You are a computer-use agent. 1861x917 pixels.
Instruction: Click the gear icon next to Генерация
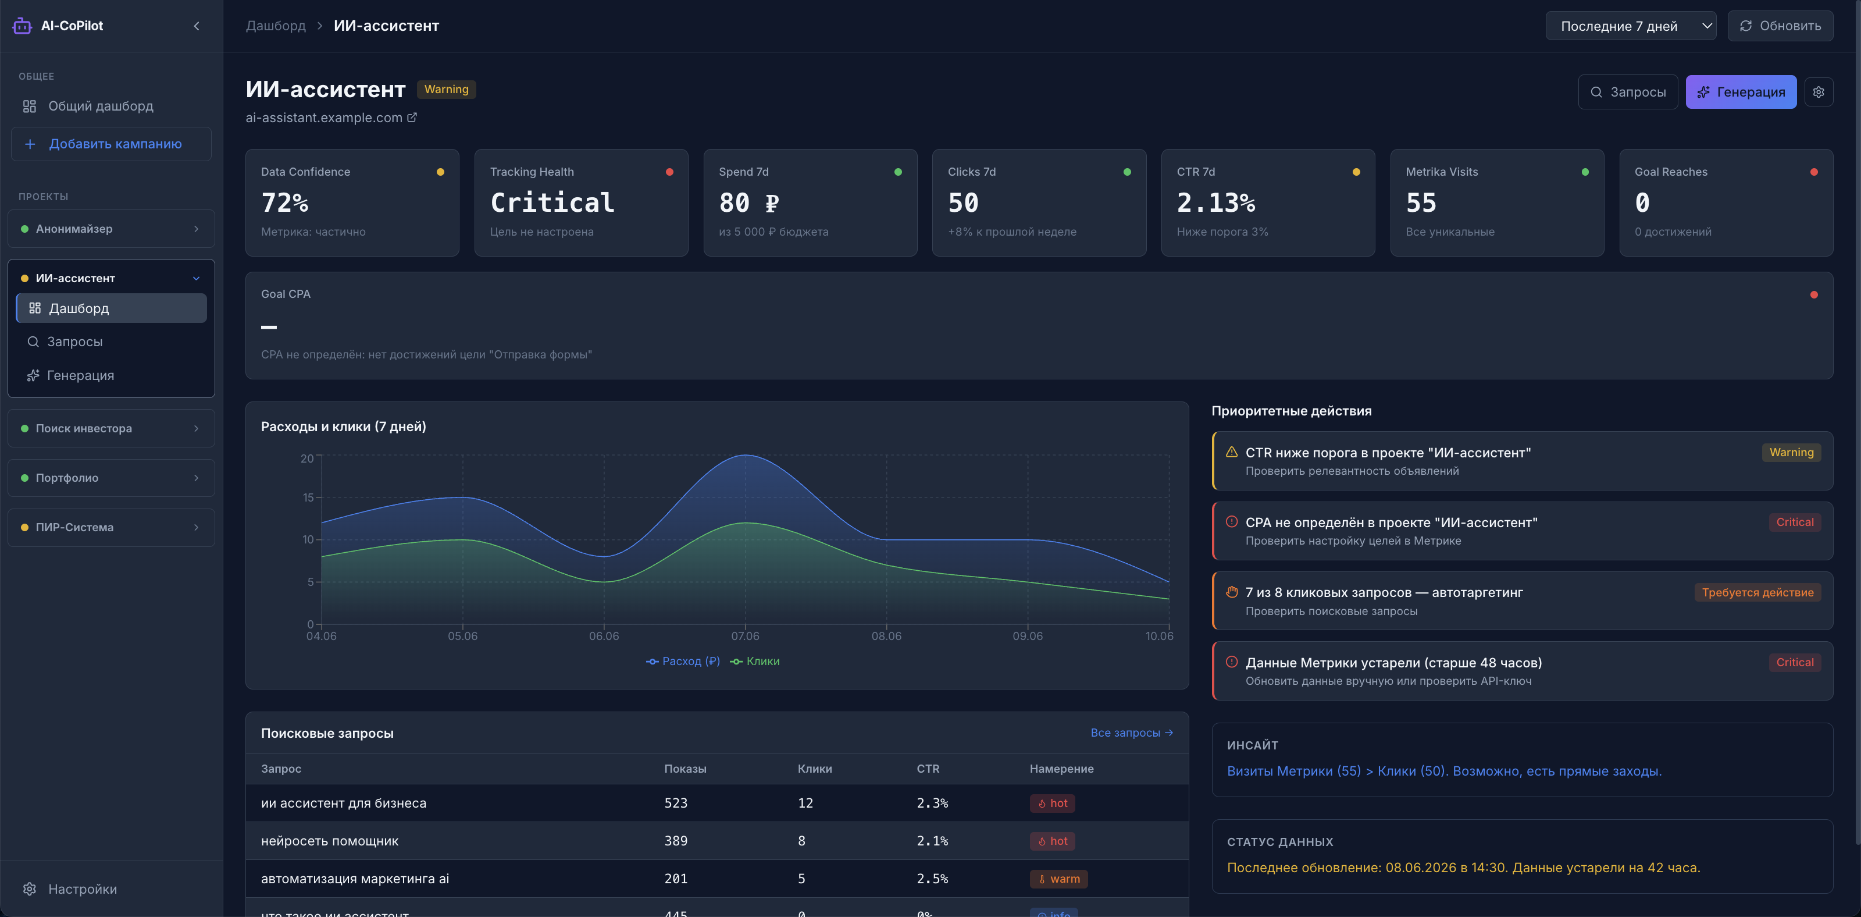[x=1819, y=92]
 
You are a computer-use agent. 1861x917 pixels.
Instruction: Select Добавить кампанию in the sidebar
[x=111, y=144]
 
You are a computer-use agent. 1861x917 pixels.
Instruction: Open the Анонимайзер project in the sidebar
[x=111, y=228]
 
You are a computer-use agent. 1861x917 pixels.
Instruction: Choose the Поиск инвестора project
[x=111, y=428]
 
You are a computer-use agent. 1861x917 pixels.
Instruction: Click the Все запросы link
[x=1131, y=733]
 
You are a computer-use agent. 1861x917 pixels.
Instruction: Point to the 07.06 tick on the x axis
[x=745, y=636]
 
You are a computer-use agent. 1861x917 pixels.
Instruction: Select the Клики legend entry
[x=755, y=661]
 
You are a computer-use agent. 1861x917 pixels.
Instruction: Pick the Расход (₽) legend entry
[x=683, y=661]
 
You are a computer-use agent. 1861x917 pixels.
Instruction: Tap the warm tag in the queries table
[x=1058, y=879]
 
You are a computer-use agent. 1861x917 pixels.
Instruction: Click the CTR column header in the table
[x=928, y=769]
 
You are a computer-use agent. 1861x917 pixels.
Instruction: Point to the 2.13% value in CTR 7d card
[x=1216, y=202]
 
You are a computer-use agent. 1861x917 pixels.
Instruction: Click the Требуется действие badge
[x=1757, y=592]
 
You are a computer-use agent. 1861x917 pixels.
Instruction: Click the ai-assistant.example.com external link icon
[x=412, y=117]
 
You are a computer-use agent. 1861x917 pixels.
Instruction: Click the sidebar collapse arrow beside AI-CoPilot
[x=197, y=26]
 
